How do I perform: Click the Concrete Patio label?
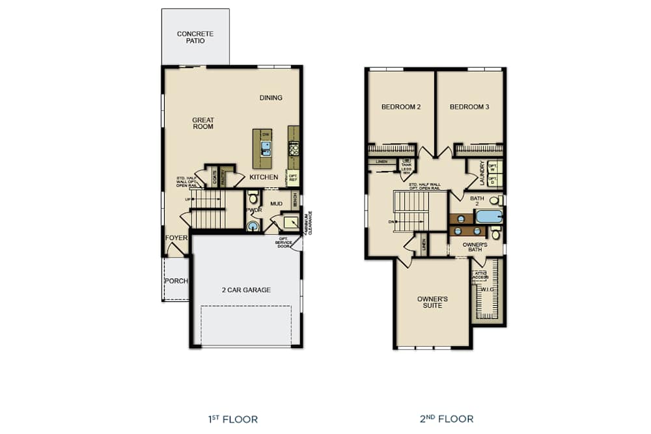195,36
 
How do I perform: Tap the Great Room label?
203,123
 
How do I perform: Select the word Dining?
271,98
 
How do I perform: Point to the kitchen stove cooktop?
294,148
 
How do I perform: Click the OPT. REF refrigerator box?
293,177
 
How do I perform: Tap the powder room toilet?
253,197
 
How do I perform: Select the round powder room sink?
253,225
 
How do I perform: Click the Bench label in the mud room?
295,200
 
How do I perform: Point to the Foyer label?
176,238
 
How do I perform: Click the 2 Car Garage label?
245,290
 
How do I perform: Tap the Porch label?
176,281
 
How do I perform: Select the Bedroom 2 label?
400,107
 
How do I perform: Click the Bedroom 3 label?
469,107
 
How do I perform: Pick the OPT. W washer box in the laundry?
493,166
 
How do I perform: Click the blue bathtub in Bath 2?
489,216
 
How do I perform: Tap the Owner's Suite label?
432,302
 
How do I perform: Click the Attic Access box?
480,275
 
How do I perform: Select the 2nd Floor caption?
447,419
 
